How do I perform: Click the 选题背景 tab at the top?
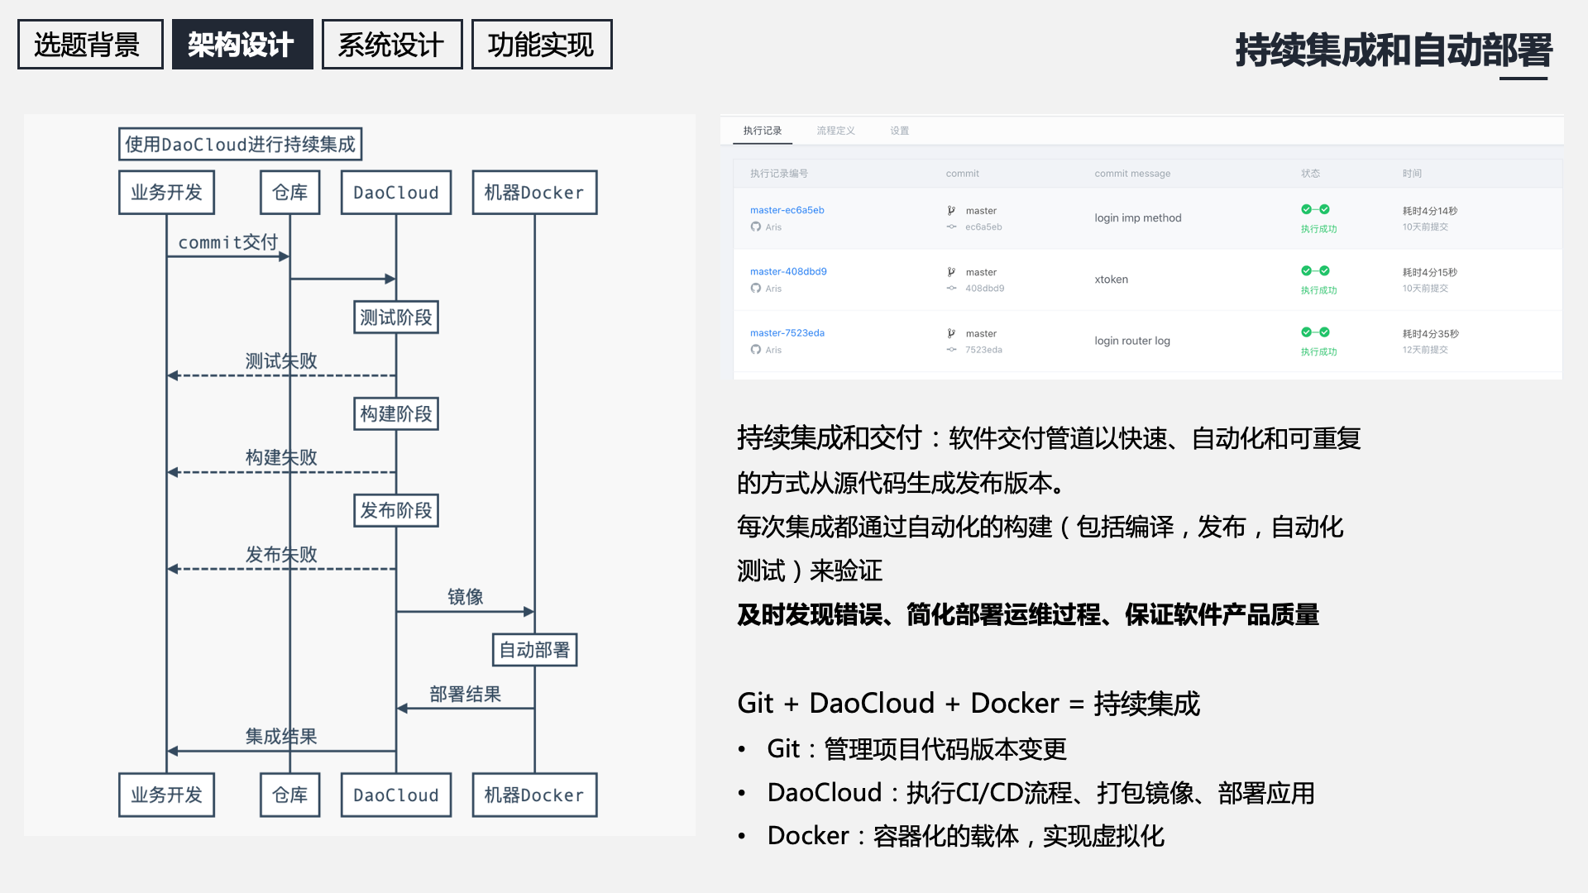point(90,45)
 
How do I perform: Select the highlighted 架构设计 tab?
point(242,45)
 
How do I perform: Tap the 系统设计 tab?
point(391,45)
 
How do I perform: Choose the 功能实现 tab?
point(541,45)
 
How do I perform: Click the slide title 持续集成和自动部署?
point(1394,50)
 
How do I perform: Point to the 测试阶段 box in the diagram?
point(396,318)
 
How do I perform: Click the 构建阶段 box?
point(396,414)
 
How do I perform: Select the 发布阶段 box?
point(396,511)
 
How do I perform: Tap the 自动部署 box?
point(534,650)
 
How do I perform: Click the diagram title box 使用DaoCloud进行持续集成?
point(240,145)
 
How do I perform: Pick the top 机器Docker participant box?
point(534,193)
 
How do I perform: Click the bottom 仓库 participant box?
point(289,795)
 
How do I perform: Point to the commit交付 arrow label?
point(227,242)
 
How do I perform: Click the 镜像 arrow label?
point(465,597)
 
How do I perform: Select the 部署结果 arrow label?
point(465,695)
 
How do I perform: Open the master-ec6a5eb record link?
point(787,210)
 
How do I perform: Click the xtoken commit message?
point(1111,279)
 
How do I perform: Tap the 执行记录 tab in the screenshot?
point(762,131)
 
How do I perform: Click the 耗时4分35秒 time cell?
point(1430,334)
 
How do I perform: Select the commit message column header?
point(1132,174)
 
